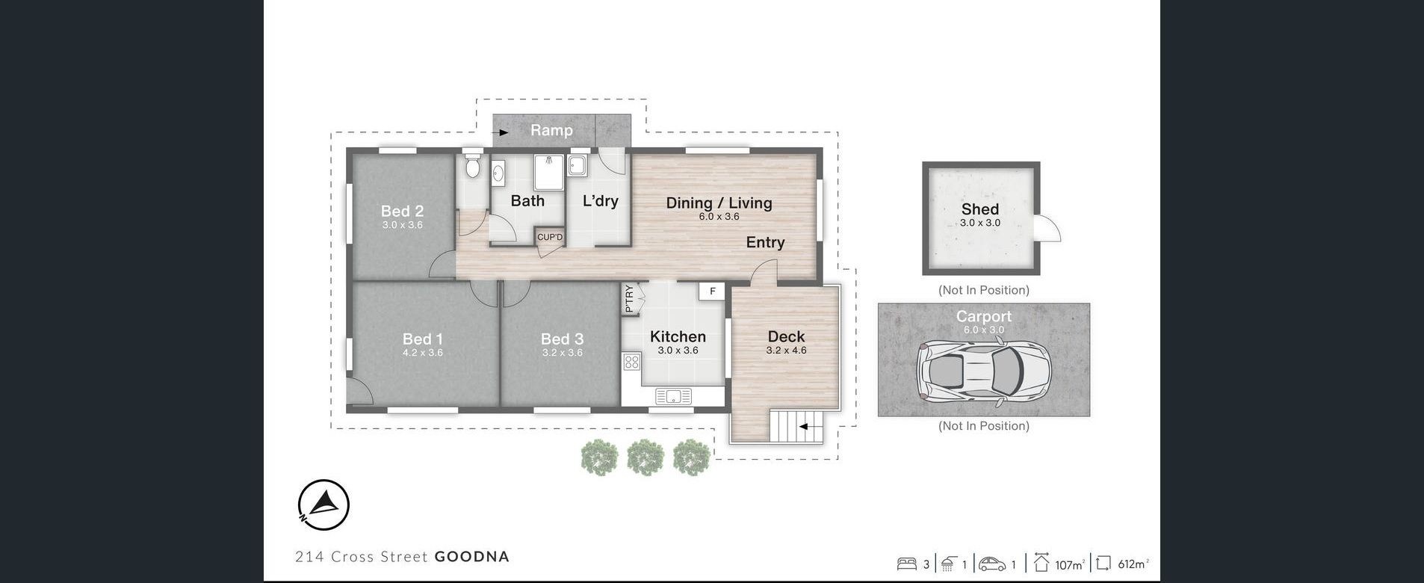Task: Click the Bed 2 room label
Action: [x=402, y=212]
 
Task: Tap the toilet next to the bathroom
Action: [x=472, y=165]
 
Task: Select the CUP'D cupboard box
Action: [x=550, y=237]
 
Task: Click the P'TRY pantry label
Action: [x=629, y=298]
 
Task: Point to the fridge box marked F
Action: [x=713, y=291]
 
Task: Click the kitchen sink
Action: [x=673, y=396]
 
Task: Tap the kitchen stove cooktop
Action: [x=631, y=363]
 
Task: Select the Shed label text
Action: [x=980, y=209]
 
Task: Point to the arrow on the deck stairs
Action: [x=806, y=427]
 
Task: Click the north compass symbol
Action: [x=324, y=505]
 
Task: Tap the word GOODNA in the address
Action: [x=472, y=556]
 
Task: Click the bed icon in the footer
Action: [x=906, y=564]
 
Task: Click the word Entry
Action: [x=765, y=242]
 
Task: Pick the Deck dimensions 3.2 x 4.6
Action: [x=786, y=350]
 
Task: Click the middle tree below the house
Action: [x=646, y=457]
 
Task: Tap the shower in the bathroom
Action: [x=549, y=173]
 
